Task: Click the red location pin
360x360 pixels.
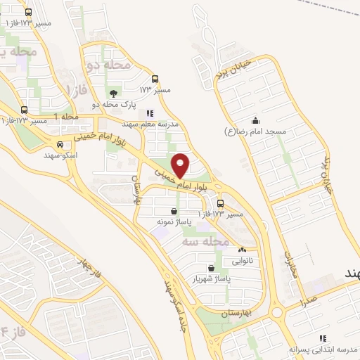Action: (x=181, y=165)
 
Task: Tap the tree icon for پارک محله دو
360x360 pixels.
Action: (x=112, y=93)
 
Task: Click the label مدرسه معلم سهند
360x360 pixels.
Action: (x=150, y=123)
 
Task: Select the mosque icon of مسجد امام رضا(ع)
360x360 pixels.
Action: (x=255, y=119)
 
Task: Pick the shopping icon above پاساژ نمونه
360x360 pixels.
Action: (x=174, y=211)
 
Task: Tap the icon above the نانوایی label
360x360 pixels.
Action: (x=243, y=250)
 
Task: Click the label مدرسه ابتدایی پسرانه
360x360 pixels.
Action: (x=323, y=349)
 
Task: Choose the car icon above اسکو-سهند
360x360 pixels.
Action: (x=60, y=143)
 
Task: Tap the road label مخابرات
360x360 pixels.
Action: (x=292, y=264)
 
